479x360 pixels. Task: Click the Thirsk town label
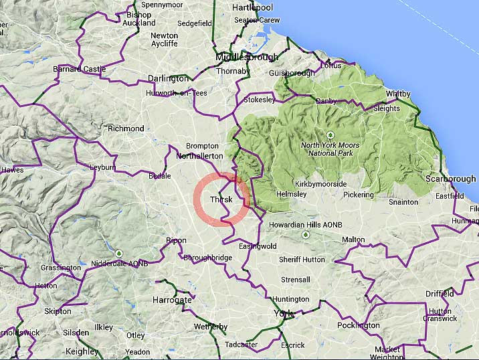pyautogui.click(x=221, y=200)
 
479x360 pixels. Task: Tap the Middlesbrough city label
pyautogui.click(x=247, y=58)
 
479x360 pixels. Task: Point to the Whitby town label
pyautogui.click(x=398, y=94)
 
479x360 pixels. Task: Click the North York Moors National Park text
pyautogui.click(x=330, y=149)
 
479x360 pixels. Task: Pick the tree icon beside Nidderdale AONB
pyautogui.click(x=119, y=254)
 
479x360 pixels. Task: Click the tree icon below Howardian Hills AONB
pyautogui.click(x=306, y=235)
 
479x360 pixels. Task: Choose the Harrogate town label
pyautogui.click(x=172, y=300)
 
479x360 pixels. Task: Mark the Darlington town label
pyautogui.click(x=168, y=78)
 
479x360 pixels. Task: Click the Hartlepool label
pyautogui.click(x=254, y=7)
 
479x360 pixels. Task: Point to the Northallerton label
pyautogui.click(x=199, y=156)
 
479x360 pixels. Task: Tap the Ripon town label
pyautogui.click(x=177, y=240)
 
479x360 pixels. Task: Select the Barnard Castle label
pyautogui.click(x=80, y=69)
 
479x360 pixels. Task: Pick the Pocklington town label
pyautogui.click(x=359, y=326)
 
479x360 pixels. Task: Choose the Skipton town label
pyautogui.click(x=58, y=312)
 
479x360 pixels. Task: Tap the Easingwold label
pyautogui.click(x=258, y=246)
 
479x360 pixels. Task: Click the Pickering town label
pyautogui.click(x=358, y=195)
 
